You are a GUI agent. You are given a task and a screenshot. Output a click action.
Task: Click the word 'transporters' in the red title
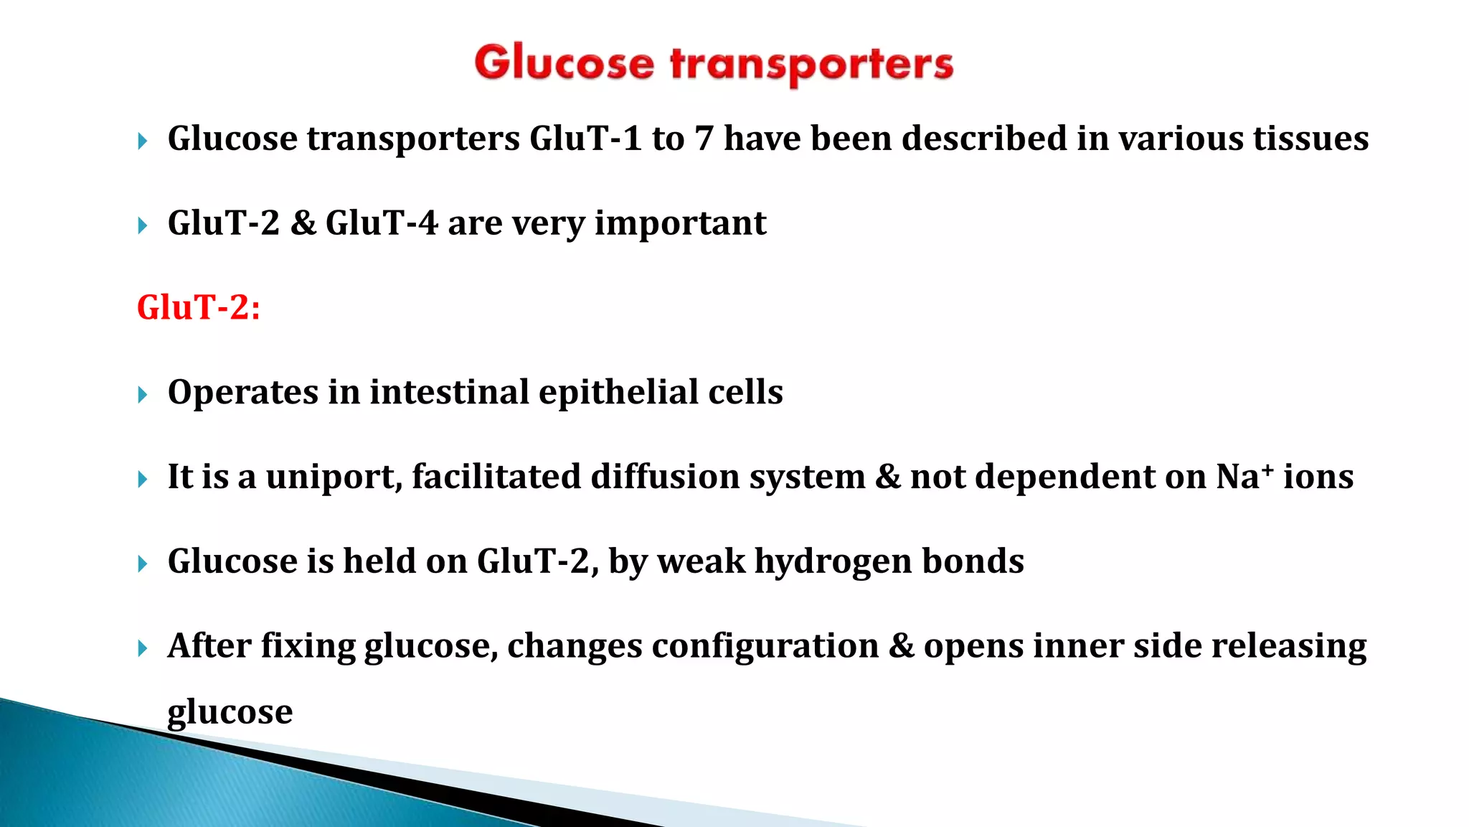point(811,65)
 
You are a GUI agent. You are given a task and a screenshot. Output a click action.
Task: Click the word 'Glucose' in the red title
point(564,63)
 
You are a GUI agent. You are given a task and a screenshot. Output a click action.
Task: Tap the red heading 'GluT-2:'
point(199,308)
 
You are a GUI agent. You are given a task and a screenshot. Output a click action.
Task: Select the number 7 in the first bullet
point(704,139)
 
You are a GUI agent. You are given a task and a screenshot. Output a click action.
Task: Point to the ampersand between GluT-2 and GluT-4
point(303,223)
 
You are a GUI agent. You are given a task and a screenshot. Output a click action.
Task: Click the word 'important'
point(680,223)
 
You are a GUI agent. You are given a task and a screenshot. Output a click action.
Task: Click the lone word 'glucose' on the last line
point(230,712)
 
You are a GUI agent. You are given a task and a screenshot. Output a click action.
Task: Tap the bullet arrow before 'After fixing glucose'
point(142,649)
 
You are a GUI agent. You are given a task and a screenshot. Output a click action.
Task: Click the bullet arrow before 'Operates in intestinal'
point(142,395)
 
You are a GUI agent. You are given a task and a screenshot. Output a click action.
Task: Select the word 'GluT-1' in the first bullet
point(585,139)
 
